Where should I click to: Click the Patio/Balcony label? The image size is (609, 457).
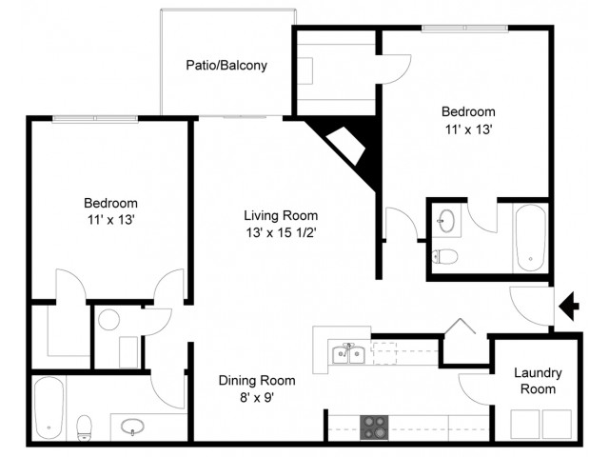tap(226, 67)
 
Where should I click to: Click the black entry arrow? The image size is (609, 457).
tap(569, 306)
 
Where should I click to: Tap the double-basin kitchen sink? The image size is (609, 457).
tap(349, 355)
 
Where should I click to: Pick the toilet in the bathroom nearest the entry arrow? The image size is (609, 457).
tap(444, 256)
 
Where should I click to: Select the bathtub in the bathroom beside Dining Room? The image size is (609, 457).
tap(49, 408)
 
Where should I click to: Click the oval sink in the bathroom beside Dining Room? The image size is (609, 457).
tap(135, 427)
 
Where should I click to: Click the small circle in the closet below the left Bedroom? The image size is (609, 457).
tap(108, 319)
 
